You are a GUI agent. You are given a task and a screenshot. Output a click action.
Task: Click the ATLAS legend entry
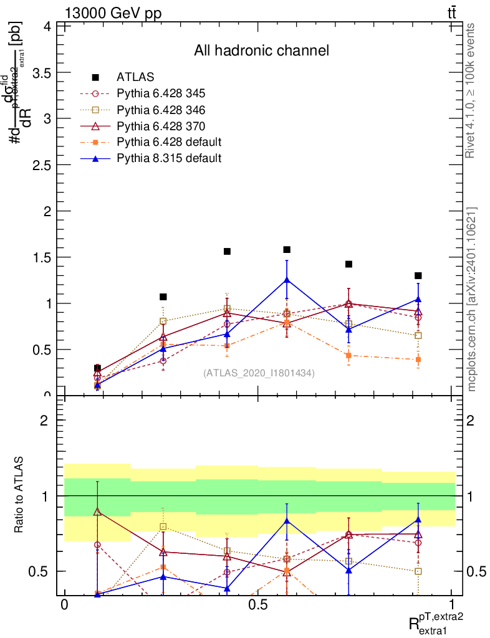click(x=135, y=77)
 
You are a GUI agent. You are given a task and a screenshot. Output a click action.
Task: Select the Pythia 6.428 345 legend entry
click(x=160, y=93)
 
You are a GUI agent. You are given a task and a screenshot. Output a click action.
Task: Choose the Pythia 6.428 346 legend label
click(x=160, y=110)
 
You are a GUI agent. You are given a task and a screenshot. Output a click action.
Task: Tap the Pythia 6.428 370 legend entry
click(x=160, y=126)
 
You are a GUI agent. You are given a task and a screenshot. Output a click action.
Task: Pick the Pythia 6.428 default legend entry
click(x=169, y=142)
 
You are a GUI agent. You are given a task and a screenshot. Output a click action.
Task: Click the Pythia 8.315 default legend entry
click(x=169, y=158)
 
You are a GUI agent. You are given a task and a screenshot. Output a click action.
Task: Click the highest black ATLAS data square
click(x=287, y=249)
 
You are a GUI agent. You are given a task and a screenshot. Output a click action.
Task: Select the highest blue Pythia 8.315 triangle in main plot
click(x=287, y=280)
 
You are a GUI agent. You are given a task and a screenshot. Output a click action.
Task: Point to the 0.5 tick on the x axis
click(x=257, y=605)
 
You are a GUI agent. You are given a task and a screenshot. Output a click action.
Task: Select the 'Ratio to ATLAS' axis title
click(x=19, y=495)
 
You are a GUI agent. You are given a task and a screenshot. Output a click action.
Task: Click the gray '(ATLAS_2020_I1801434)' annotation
click(x=259, y=373)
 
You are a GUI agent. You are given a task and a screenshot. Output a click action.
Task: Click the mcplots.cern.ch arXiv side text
click(x=471, y=299)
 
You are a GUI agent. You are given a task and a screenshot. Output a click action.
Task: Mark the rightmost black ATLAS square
click(x=418, y=275)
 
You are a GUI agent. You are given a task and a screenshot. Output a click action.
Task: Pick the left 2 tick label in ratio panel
click(x=44, y=420)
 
